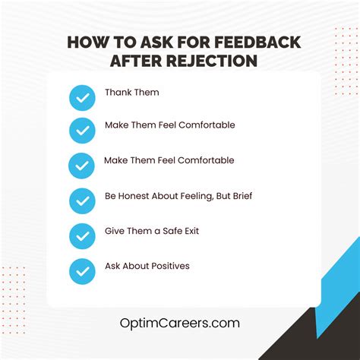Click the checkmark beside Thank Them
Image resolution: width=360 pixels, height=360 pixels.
82,97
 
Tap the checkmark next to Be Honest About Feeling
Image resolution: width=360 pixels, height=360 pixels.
82,201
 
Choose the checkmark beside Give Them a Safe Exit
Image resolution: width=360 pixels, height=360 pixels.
82,236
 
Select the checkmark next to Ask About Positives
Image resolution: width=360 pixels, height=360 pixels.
82,271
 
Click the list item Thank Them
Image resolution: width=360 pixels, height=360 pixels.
132,93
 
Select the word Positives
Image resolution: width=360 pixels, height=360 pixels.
168,266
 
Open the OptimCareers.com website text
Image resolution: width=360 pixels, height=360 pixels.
179,323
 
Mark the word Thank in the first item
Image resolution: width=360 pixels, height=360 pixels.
118,93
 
